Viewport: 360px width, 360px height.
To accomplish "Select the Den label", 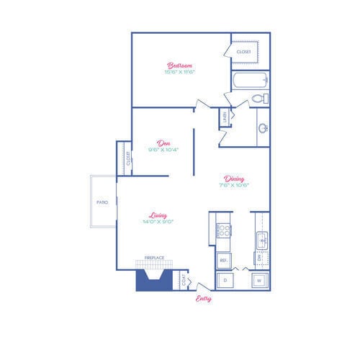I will pos(163,143).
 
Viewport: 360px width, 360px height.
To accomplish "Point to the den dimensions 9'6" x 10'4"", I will pos(163,150).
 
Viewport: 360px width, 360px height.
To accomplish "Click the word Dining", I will pos(234,179).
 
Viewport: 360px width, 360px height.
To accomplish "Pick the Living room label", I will pos(158,215).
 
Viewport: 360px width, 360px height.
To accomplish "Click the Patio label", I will pos(102,202).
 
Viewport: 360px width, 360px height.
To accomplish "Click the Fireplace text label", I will pos(154,258).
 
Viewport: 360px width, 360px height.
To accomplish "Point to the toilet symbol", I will pos(261,98).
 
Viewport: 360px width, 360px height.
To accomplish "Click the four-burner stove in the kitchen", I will pos(224,231).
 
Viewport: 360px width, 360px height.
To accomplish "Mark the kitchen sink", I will pos(261,238).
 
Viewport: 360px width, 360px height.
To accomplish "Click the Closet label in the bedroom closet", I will pos(243,52).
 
